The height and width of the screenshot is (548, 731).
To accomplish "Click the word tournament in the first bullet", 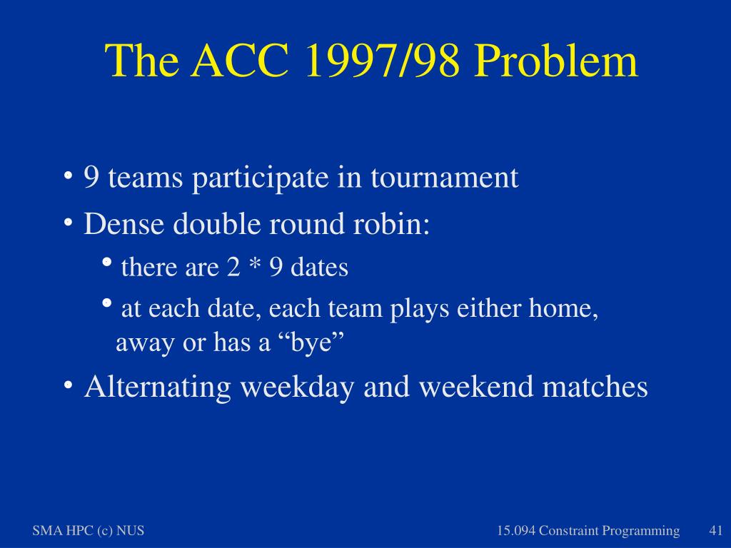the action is pos(444,177).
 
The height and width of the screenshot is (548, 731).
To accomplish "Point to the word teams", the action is pos(145,178).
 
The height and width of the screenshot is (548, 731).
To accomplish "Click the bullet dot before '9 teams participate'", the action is pos(68,176).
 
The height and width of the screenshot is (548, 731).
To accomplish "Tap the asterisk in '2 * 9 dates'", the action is pos(255,265).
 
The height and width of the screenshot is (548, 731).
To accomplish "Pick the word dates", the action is pos(319,267).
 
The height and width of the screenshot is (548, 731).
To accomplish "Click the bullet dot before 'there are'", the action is pos(106,262).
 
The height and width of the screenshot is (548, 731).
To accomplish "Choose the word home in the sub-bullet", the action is pos(563,308).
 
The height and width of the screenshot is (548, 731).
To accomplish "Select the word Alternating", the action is pos(158,387).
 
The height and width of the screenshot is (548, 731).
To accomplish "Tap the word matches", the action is pos(595,387).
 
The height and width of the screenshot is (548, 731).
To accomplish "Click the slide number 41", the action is pos(715,530).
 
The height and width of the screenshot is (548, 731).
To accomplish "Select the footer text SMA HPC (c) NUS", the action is pos(88,531).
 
